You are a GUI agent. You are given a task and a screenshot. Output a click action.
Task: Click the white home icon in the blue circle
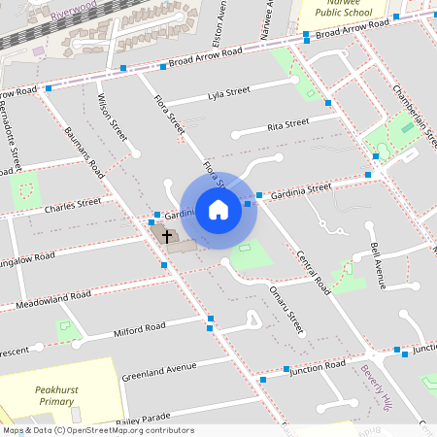tap(218, 210)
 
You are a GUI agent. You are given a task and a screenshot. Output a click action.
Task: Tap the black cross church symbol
tap(166, 236)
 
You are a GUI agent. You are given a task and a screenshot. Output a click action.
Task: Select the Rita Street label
tap(287, 123)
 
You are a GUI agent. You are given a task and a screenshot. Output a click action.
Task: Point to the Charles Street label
tap(73, 206)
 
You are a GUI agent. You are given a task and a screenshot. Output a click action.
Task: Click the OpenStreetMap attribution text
tap(97, 429)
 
